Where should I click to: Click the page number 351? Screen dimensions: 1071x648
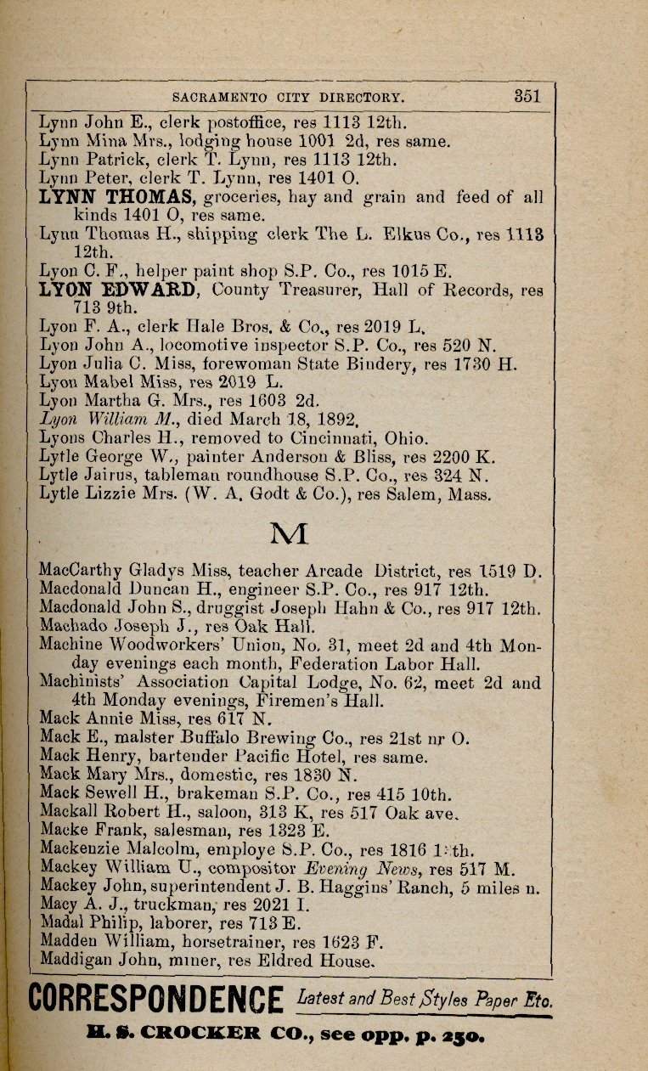click(527, 96)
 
